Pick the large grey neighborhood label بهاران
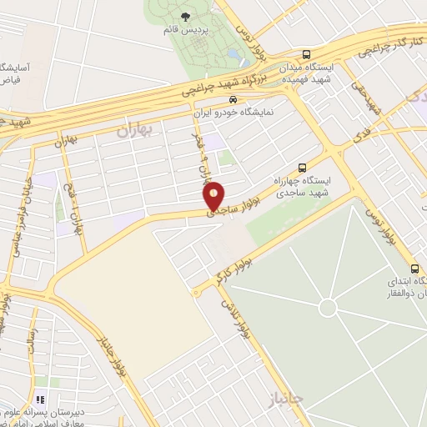coord(136,130)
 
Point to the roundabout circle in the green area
coord(328,308)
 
